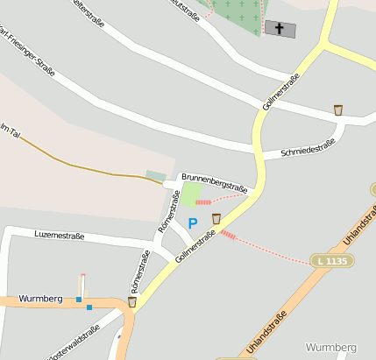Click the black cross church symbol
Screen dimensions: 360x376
[280, 29]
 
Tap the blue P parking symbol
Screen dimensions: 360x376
[193, 223]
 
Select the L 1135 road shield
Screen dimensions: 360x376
[334, 260]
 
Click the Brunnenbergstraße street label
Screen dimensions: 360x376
[214, 183]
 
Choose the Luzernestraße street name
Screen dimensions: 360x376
[59, 236]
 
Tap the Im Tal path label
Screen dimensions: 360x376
[11, 130]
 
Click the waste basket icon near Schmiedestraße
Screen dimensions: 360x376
[338, 110]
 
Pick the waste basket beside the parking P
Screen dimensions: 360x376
[216, 219]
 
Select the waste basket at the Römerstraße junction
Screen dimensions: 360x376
[131, 302]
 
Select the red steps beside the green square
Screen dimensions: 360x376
[203, 201]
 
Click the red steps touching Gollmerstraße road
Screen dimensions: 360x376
[228, 234]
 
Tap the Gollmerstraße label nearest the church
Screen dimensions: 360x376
[281, 92]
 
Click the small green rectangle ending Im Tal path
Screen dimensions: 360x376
[155, 176]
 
